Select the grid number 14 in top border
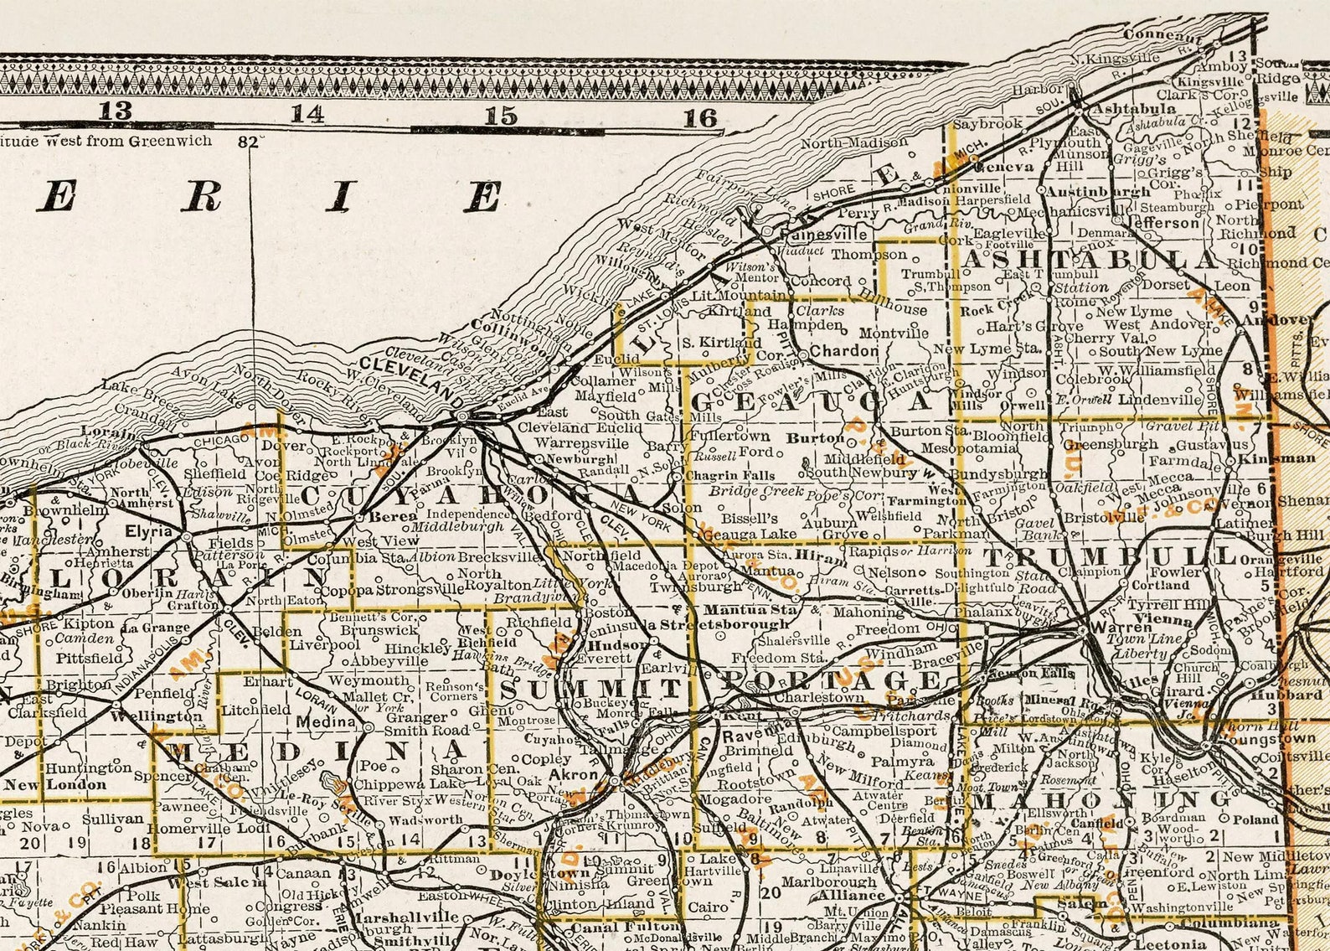(307, 113)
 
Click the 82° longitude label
(247, 142)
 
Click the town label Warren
(1127, 627)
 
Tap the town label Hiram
(810, 555)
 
